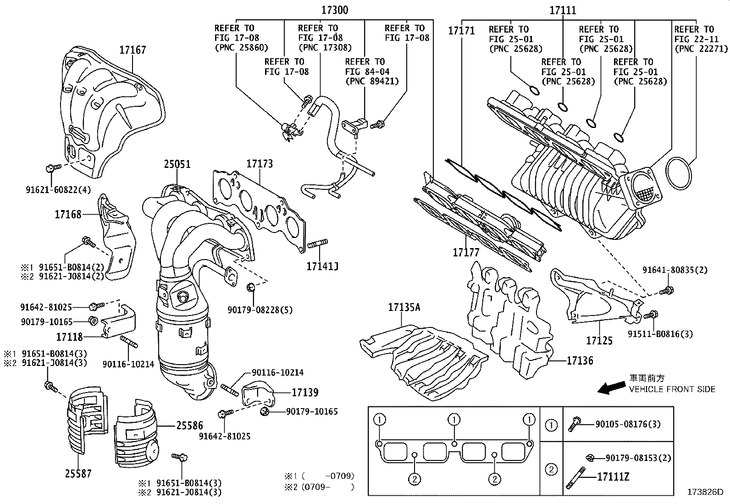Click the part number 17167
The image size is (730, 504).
pos(133,50)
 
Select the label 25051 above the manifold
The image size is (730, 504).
pos(177,164)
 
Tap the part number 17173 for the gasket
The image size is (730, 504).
pos(259,164)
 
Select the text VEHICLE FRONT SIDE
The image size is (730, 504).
pos(672,389)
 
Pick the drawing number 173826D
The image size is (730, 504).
pos(705,493)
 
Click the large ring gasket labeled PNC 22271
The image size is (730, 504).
pos(679,172)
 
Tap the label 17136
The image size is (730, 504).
pos(580,361)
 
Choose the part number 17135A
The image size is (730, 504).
pos(404,307)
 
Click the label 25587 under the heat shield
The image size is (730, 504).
pos(78,473)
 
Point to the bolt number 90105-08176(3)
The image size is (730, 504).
pos(628,424)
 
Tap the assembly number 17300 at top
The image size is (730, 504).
pos(334,10)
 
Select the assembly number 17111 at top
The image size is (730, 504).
pos(563,10)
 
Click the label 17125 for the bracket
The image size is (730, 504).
pos(599,340)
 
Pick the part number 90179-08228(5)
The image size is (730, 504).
pos(260,310)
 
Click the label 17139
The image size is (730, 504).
pos(305,392)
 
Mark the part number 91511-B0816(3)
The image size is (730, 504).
pos(667,334)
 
